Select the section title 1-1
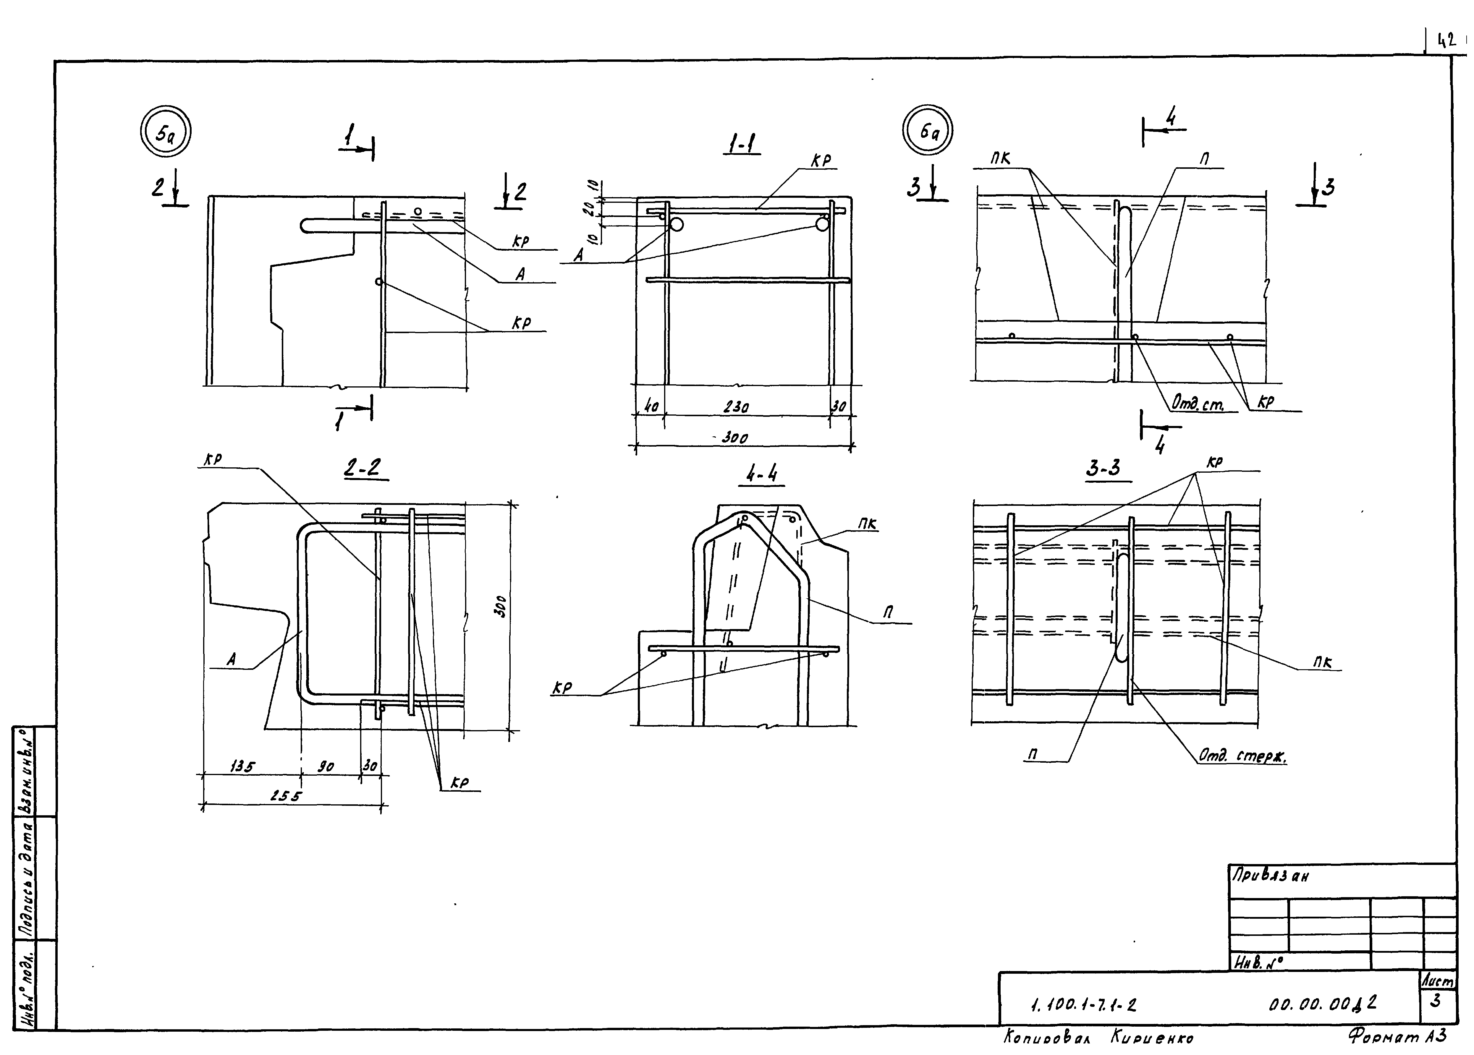742,144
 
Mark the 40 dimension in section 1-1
650,407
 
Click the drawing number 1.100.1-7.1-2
1083,1006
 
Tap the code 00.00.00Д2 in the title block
1322,1004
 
